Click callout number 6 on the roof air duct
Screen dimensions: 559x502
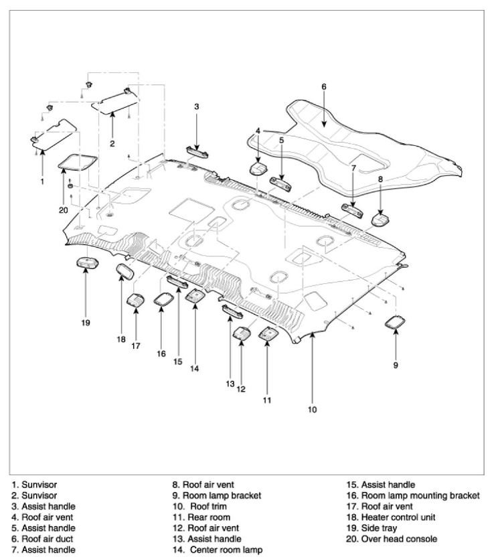[x=323, y=86]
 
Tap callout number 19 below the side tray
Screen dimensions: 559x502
[x=86, y=323]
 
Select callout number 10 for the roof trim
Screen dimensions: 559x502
[x=312, y=408]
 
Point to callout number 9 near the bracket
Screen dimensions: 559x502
[x=396, y=366]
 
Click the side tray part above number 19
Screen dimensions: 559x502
[x=86, y=264]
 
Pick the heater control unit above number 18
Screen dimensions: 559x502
[x=125, y=272]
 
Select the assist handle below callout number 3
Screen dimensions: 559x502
[x=197, y=151]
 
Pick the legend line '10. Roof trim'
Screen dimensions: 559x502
[x=202, y=507]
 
